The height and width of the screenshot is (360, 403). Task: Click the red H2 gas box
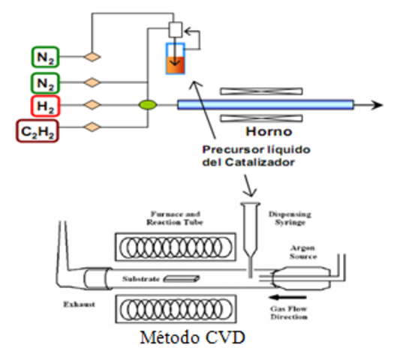(x=44, y=105)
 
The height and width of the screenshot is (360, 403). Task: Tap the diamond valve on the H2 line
(x=93, y=105)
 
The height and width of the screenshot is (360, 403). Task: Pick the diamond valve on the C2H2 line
(x=93, y=127)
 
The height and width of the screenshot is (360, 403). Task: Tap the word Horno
(x=259, y=131)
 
